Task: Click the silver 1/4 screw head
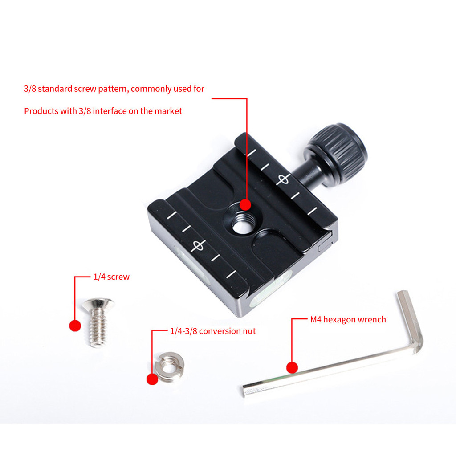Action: [x=98, y=304]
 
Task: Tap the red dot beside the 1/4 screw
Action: [x=75, y=326]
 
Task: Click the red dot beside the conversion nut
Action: [x=152, y=379]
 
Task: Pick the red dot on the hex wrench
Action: [x=292, y=367]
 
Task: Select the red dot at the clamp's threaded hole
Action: [x=245, y=204]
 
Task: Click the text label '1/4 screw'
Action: [x=111, y=277]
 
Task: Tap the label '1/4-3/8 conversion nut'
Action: [x=213, y=331]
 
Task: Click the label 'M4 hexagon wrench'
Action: [x=348, y=319]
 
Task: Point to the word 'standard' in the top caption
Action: [x=55, y=89]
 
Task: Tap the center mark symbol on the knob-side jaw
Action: [x=283, y=179]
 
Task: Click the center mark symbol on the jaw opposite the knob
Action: [x=198, y=246]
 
